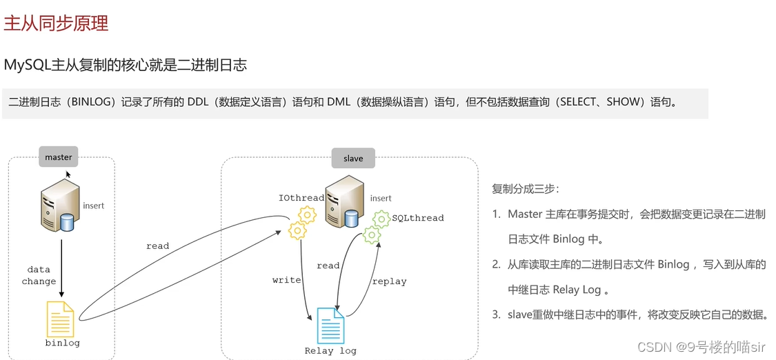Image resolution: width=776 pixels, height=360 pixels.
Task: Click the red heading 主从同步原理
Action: point(57,23)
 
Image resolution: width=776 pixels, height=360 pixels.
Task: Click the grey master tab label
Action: point(59,157)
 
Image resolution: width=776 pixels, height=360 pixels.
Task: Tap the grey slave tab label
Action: point(352,158)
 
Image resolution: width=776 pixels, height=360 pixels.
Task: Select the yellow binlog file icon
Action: point(61,319)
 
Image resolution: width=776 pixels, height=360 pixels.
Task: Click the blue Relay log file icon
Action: point(330,326)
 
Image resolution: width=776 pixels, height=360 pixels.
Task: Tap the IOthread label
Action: point(301,199)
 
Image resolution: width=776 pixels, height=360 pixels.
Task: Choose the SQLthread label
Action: point(418,218)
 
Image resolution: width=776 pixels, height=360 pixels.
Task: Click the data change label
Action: point(39,276)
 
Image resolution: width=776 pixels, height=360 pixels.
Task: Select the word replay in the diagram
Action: point(389,281)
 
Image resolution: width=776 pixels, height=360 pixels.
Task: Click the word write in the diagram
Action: point(286,280)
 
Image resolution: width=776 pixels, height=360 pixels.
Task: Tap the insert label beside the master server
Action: point(94,206)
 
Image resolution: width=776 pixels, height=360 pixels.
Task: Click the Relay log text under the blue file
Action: point(330,351)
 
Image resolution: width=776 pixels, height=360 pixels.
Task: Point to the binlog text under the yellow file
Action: point(62,343)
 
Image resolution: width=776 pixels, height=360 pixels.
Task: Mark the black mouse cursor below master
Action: point(68,175)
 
